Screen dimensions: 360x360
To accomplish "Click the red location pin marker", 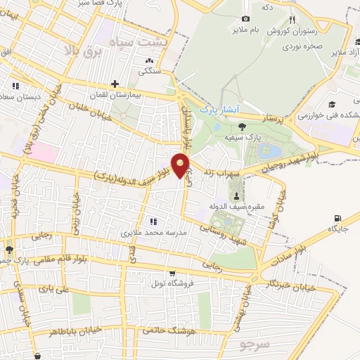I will point(181,165).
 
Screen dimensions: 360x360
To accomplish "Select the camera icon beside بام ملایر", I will point(245,18).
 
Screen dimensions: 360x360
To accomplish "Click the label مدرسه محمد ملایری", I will point(153,231).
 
